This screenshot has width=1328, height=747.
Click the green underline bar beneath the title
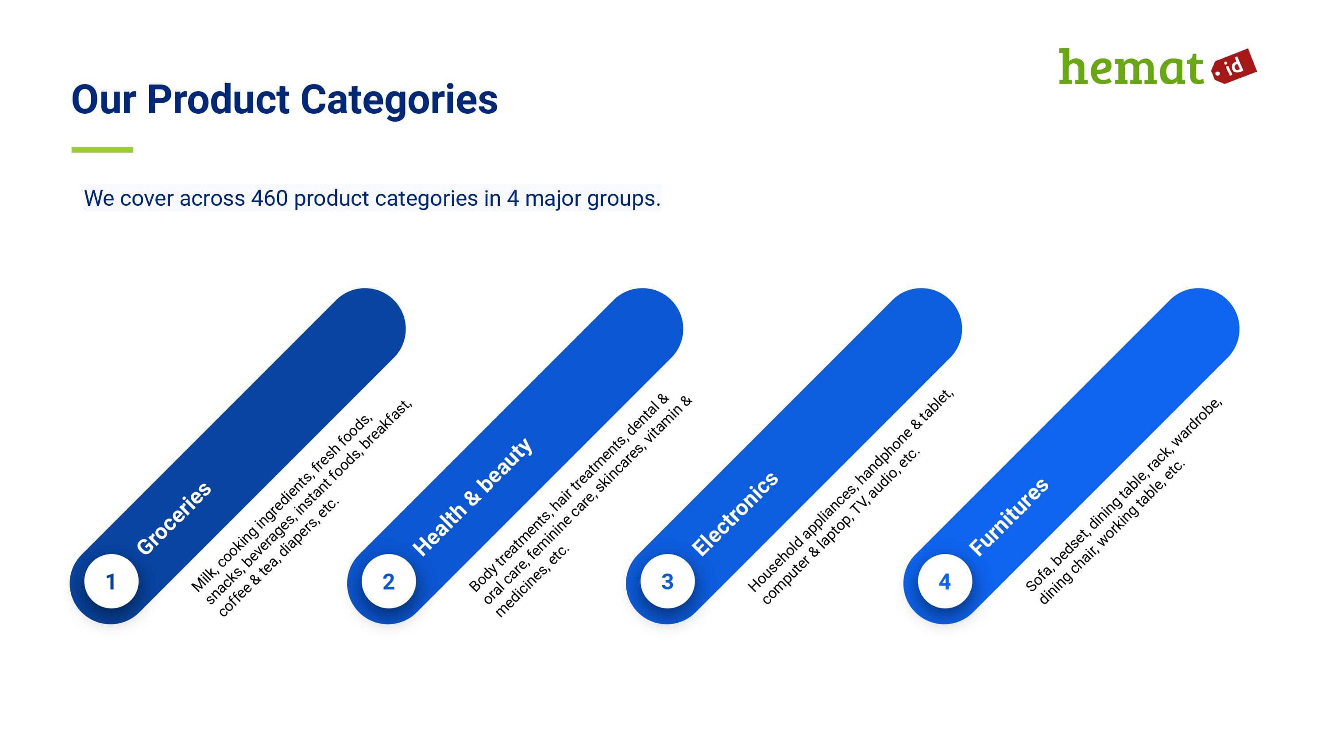[x=102, y=150]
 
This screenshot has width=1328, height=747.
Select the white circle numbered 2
[x=389, y=581]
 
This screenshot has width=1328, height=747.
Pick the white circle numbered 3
[x=667, y=581]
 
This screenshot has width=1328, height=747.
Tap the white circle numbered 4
[x=945, y=581]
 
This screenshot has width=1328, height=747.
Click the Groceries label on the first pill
[x=174, y=518]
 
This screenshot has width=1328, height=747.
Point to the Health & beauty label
[x=472, y=497]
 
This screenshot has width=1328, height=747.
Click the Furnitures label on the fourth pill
[x=1008, y=517]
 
